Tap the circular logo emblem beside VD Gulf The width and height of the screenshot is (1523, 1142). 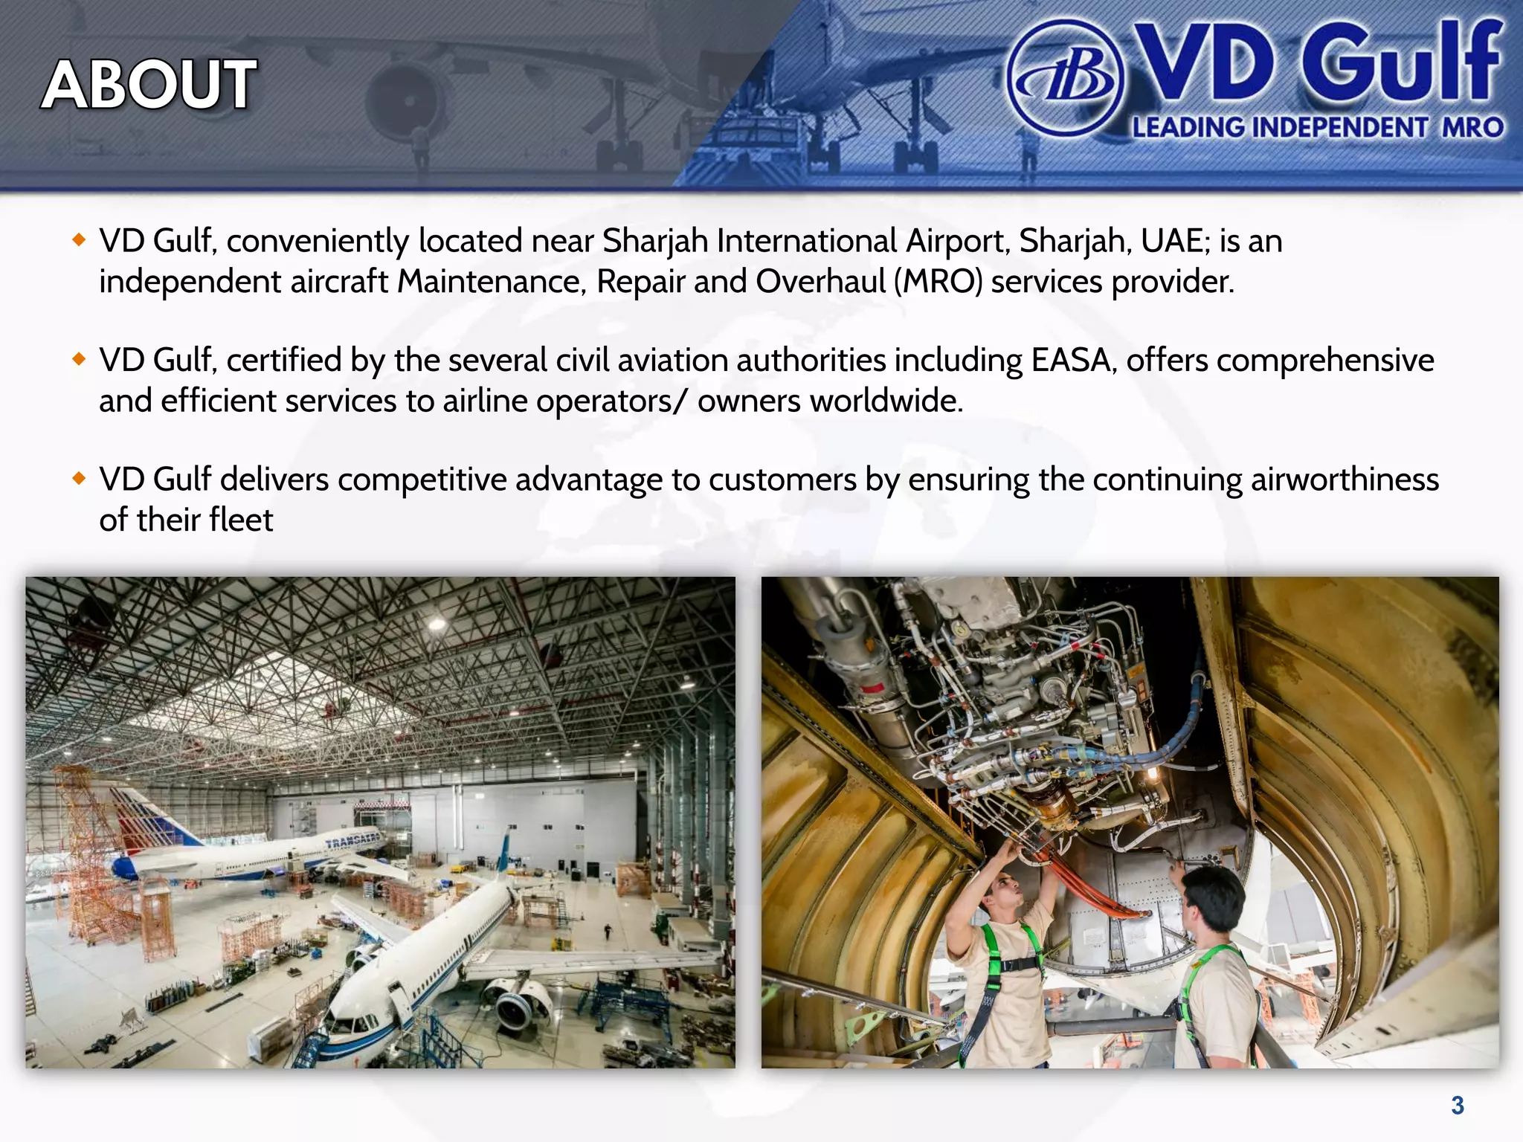(x=1065, y=77)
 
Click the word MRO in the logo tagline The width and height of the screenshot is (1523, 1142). (x=1472, y=127)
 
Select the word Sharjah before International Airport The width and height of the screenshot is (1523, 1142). (x=654, y=241)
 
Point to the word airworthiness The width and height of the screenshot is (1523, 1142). (x=1345, y=480)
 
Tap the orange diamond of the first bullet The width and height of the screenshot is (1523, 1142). (x=80, y=239)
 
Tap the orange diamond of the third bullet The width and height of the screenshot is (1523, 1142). (x=80, y=478)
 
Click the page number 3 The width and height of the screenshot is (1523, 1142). (x=1457, y=1106)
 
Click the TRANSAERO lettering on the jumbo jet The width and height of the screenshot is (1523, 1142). (x=352, y=841)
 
